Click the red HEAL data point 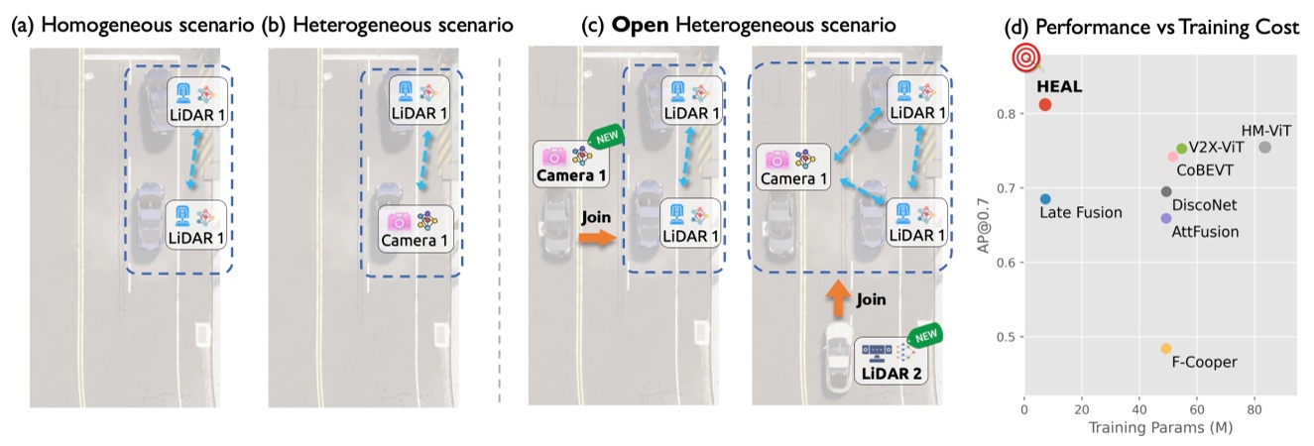pyautogui.click(x=1044, y=104)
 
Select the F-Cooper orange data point pyautogui.click(x=1166, y=349)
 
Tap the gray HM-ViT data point pyautogui.click(x=1264, y=148)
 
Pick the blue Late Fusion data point pyautogui.click(x=1045, y=199)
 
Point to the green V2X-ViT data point pyautogui.click(x=1181, y=149)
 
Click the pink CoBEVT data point pyautogui.click(x=1172, y=157)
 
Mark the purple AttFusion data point pyautogui.click(x=1165, y=218)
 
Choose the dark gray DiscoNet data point pyautogui.click(x=1166, y=191)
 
